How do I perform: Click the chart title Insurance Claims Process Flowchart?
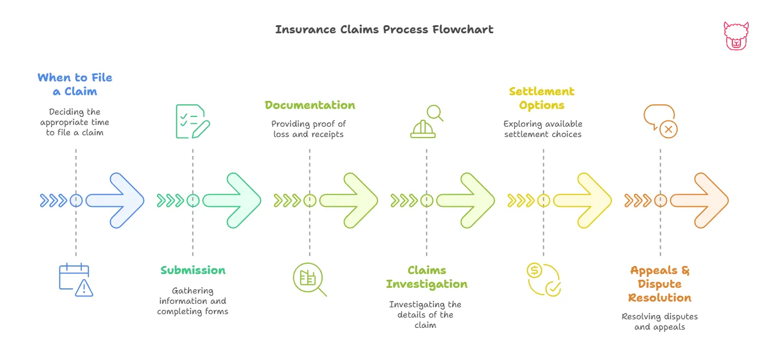point(384,29)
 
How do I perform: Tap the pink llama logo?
point(736,36)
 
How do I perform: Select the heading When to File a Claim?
point(75,84)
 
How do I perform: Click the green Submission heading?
point(193,270)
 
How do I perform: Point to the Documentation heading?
point(309,105)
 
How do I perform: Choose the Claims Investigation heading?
point(426,277)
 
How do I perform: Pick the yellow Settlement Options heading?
point(542,98)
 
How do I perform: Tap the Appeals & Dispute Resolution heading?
point(660,284)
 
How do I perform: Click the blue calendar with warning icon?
point(76,280)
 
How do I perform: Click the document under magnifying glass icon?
point(309,279)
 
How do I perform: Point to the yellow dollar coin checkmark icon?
point(543,279)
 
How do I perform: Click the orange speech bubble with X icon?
point(660,121)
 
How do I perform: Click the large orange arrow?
point(700,201)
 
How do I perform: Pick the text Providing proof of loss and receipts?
point(309,129)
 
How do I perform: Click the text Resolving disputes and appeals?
point(660,322)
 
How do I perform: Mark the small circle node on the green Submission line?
point(193,201)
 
